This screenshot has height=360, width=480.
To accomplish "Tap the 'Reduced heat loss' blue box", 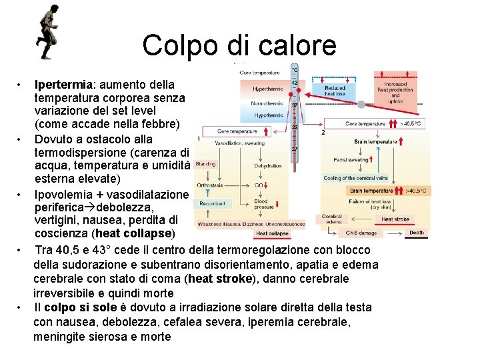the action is pyautogui.click(x=335, y=91).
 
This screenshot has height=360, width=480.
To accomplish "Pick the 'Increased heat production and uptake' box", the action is pyautogui.click(x=395, y=92).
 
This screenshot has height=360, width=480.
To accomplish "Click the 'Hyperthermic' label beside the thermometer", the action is pyautogui.click(x=268, y=89).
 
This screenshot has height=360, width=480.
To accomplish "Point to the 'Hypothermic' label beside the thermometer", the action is pyautogui.click(x=268, y=115).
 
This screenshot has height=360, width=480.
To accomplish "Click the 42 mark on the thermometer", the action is pyautogui.click(x=294, y=83).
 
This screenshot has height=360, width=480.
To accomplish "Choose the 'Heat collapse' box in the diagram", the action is pyautogui.click(x=272, y=233).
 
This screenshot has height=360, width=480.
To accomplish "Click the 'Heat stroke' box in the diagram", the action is pyautogui.click(x=395, y=219).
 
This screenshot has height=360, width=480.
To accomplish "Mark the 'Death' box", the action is pyautogui.click(x=417, y=233).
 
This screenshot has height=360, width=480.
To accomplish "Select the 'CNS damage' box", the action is pyautogui.click(x=361, y=233).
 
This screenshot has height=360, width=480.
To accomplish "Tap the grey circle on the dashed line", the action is pyautogui.click(x=361, y=105).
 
